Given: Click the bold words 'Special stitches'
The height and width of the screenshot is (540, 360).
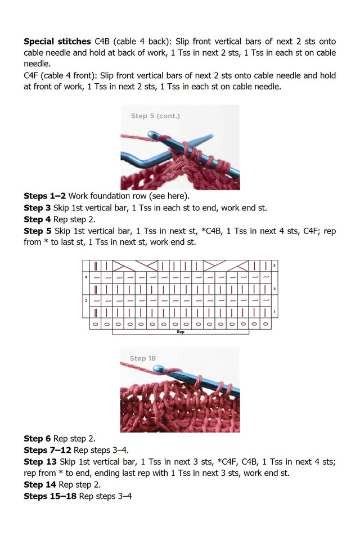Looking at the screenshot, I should tap(57, 42).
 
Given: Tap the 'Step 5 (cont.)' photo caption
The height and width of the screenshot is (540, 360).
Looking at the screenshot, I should tap(155, 116).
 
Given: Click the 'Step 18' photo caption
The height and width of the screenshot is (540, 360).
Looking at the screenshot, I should tap(143, 358).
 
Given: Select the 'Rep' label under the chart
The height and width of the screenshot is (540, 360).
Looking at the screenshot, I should tap(181, 332).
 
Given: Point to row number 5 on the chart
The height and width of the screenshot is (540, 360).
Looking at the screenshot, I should tap(274, 265).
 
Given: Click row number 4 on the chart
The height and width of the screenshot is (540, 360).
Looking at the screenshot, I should tap(85, 277).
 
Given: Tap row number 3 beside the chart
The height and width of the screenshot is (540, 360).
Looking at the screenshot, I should tap(274, 289).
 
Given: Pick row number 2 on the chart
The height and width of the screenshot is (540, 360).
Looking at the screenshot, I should tap(85, 301).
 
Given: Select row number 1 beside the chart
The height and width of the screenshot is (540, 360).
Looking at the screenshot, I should tap(274, 312).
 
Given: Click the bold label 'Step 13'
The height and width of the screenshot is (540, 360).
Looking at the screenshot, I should tap(40, 462).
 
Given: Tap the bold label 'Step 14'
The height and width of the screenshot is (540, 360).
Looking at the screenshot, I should tap(40, 485).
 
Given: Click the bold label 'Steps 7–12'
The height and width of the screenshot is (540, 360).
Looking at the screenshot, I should tap(47, 450).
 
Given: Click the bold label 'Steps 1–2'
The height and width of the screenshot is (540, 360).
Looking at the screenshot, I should tap(44, 196).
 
